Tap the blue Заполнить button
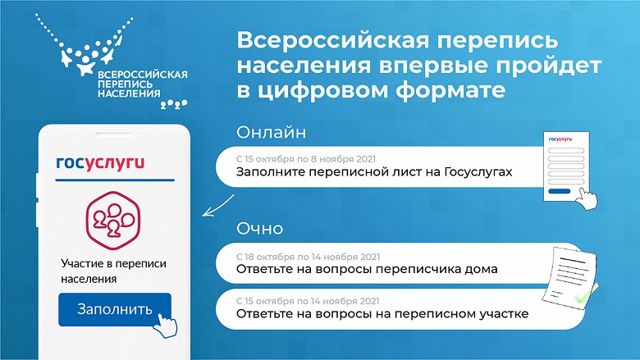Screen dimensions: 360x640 pyautogui.click(x=114, y=309)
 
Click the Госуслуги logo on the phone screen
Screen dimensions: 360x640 pyautogui.click(x=100, y=162)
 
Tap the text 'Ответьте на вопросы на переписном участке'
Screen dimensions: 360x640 pyautogui.click(x=382, y=313)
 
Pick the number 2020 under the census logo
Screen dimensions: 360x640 pyautogui.click(x=173, y=104)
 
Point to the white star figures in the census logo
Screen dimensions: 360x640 pyautogui.click(x=82, y=60)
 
